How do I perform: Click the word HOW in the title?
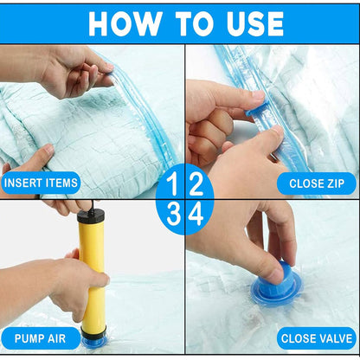point(122,23)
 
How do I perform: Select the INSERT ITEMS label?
point(41,183)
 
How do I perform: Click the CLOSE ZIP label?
point(316,183)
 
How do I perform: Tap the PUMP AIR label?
point(41,337)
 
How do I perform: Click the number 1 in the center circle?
point(172,183)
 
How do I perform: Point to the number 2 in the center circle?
point(195,183)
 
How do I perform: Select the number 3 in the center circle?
point(172,213)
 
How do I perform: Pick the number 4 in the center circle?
point(196,213)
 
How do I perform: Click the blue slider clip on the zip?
point(256,108)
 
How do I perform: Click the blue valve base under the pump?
point(93,340)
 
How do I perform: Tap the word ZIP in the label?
point(333,183)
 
